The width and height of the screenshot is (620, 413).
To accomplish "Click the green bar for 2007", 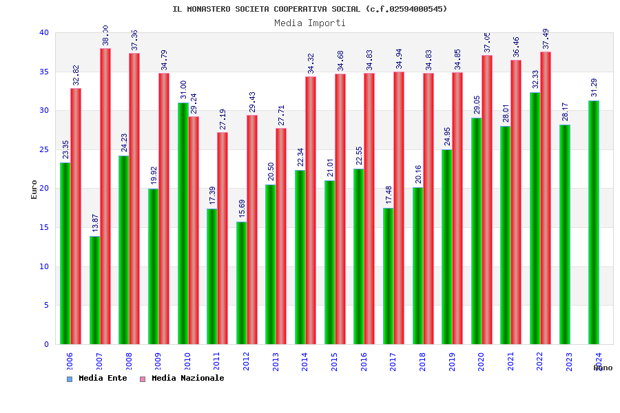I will click(94, 290).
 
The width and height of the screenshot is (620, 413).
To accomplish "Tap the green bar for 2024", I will click(594, 222).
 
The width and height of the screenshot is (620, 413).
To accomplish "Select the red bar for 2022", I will click(546, 198).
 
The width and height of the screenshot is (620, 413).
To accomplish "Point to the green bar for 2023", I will click(565, 234).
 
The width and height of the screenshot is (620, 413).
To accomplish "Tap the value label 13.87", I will click(95, 223).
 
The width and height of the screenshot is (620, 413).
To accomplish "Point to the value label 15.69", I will click(242, 209).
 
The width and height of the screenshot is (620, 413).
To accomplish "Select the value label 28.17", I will click(565, 112).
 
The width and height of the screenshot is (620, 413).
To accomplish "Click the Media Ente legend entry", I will click(97, 378).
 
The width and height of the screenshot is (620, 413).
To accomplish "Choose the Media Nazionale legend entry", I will click(182, 378).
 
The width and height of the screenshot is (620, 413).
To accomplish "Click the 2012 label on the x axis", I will click(247, 361).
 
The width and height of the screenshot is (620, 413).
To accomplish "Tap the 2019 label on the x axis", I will click(453, 361).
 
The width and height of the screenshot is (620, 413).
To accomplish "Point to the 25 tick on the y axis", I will click(44, 149).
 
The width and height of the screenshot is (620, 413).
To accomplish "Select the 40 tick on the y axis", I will click(44, 32).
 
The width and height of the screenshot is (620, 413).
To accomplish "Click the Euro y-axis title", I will click(34, 189).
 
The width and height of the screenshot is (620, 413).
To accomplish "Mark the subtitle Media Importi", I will click(310, 23).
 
